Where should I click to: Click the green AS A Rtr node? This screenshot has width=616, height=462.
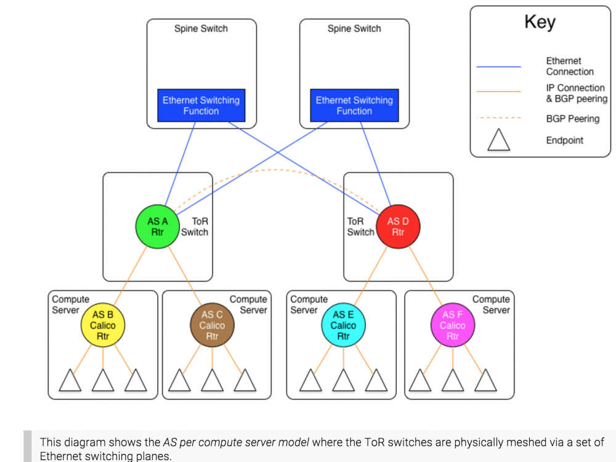coord(158,227)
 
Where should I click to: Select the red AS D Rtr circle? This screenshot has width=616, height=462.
coord(397,227)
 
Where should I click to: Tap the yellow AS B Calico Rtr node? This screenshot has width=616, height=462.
coord(102,325)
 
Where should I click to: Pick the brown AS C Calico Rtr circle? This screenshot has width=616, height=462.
coord(212,325)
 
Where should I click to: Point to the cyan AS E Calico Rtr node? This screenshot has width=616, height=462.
coord(343,325)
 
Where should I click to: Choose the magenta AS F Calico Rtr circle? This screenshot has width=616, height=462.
coord(452,325)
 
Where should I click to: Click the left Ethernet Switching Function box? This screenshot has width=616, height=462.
coord(201,105)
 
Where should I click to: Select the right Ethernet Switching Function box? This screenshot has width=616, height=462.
coord(354,105)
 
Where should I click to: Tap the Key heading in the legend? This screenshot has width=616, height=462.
coord(540,22)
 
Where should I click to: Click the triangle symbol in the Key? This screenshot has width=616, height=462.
coord(499,141)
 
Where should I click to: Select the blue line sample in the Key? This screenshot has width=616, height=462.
coord(499,66)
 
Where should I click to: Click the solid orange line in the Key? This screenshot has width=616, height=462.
coord(499,91)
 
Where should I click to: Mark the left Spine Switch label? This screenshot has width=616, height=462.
coord(201,28)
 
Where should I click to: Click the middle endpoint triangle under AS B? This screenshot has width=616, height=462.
coord(103,381)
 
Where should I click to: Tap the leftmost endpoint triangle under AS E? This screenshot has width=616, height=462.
coord(310,381)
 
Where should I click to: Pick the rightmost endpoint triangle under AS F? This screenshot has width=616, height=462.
coord(485,381)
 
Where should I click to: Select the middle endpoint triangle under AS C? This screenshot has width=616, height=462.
coord(212,381)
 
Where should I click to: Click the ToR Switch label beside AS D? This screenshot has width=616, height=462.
coord(360,227)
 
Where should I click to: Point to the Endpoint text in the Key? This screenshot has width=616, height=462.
coord(564,140)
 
